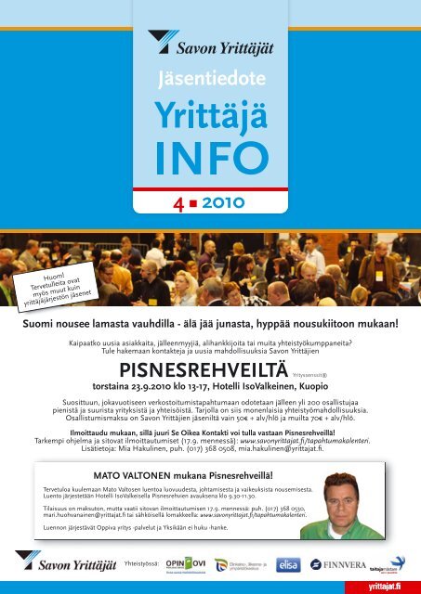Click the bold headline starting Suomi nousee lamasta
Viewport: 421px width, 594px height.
pyautogui.click(x=211, y=325)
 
